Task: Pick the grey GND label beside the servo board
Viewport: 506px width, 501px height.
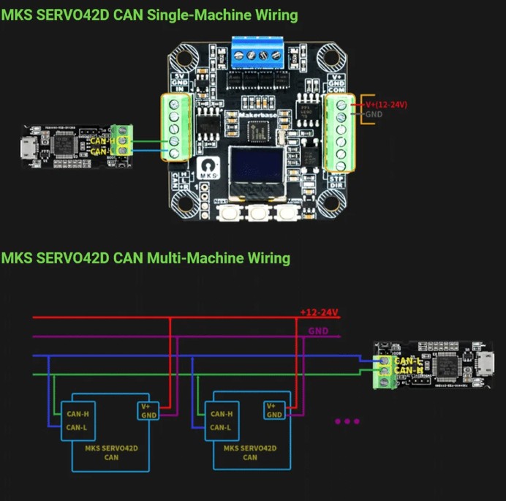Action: tap(373, 115)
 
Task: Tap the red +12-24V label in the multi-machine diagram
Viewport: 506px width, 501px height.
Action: tap(319, 312)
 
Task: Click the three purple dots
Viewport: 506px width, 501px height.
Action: tap(347, 421)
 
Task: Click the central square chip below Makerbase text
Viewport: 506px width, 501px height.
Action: tap(257, 132)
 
